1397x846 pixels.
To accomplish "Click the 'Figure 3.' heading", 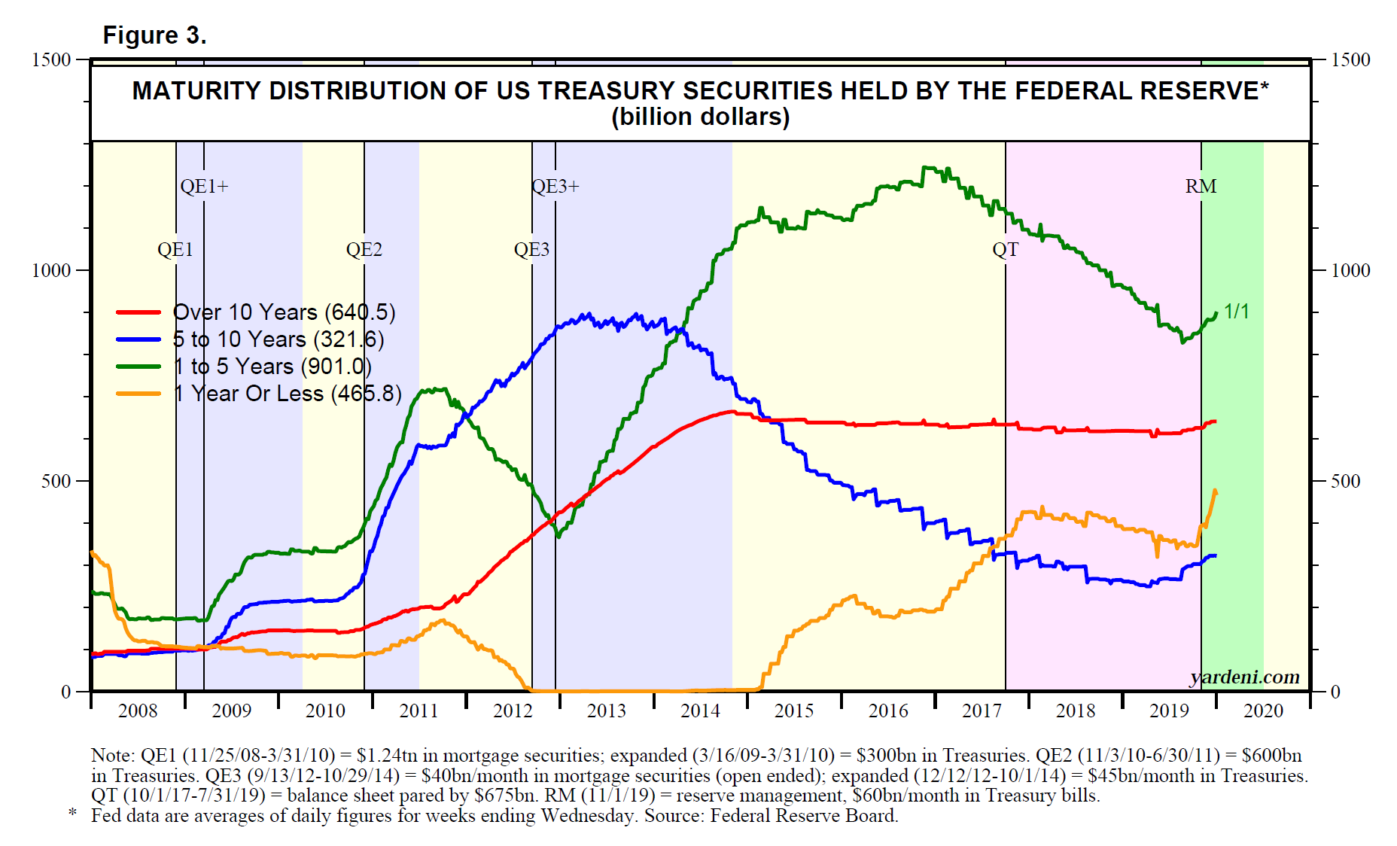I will [x=154, y=35].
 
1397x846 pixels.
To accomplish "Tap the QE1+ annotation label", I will [x=204, y=186].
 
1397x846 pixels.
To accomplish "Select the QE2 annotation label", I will [x=364, y=249].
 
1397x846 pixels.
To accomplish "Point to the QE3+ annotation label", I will [x=555, y=186].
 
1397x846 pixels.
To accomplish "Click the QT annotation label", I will [x=1005, y=249].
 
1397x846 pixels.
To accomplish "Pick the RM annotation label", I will [x=1201, y=186].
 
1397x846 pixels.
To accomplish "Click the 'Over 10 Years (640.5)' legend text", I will [x=284, y=312].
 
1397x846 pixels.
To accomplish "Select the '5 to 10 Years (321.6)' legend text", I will [x=278, y=339].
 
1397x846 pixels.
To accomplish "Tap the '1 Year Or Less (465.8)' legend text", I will [x=288, y=394].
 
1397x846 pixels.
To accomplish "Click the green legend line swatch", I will [x=138, y=367].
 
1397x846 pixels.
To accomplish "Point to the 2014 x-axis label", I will [x=700, y=711].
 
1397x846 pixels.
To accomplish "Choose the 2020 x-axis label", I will [x=1263, y=711].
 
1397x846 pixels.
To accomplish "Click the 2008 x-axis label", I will [x=138, y=711].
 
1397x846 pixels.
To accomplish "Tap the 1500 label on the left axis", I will [x=51, y=59].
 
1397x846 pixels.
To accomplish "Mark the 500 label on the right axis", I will [x=1345, y=481].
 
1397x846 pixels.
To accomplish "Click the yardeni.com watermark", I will [x=1244, y=677].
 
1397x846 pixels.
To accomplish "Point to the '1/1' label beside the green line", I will [x=1237, y=311].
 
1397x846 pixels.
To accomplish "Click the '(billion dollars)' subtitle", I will [x=700, y=117].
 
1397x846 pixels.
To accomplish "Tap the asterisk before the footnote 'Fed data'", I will [x=73, y=814].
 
